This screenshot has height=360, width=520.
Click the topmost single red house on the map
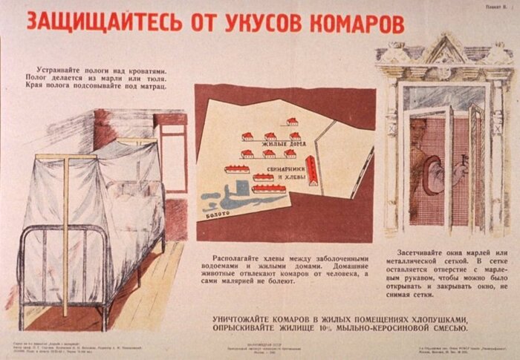coord(292,121)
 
